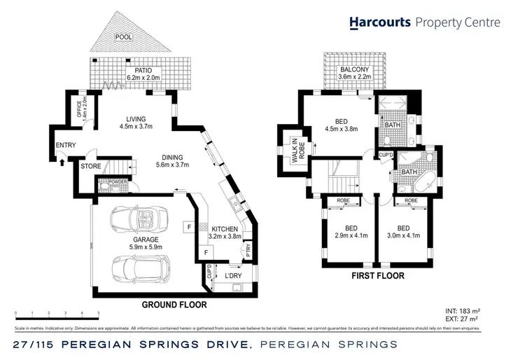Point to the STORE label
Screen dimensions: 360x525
(x=90, y=167)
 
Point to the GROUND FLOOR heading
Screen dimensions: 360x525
(x=174, y=305)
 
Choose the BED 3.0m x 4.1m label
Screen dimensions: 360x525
(x=403, y=232)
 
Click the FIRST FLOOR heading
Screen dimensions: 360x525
(x=378, y=276)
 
